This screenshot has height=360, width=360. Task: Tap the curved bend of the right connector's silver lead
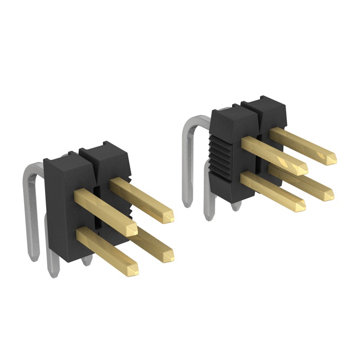pos(191,121)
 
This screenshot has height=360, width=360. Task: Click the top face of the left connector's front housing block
pos(65,156)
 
